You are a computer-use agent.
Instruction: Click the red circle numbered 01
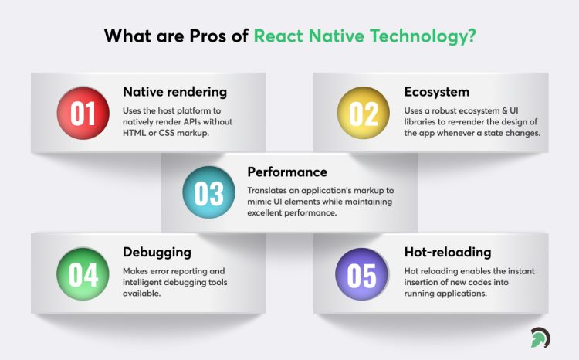click(83, 113)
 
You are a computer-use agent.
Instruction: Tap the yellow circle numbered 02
click(364, 113)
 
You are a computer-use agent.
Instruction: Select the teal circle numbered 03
click(208, 192)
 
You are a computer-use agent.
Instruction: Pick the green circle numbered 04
click(83, 274)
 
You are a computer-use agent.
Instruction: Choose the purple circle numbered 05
click(364, 274)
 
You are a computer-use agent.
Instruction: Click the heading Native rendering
click(174, 92)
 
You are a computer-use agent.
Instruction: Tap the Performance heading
click(287, 172)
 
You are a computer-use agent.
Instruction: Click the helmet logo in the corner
click(540, 338)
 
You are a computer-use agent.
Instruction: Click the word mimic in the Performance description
click(261, 202)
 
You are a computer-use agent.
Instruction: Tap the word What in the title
click(125, 36)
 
